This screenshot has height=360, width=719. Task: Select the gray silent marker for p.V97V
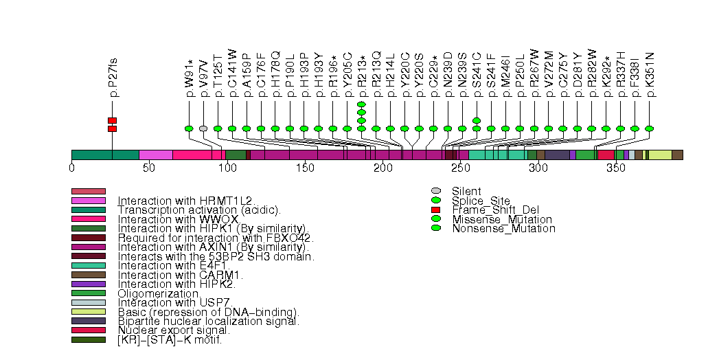(x=203, y=128)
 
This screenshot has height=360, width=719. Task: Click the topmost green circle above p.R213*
(x=361, y=104)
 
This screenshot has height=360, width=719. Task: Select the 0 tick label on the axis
(x=72, y=167)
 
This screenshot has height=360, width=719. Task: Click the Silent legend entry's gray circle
(x=435, y=191)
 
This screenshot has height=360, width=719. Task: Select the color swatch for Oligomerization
(x=89, y=293)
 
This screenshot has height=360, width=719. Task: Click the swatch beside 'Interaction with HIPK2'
(x=89, y=284)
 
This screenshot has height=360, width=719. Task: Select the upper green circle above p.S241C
(x=477, y=120)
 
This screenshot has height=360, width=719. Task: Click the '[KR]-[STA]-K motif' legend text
(x=170, y=339)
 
